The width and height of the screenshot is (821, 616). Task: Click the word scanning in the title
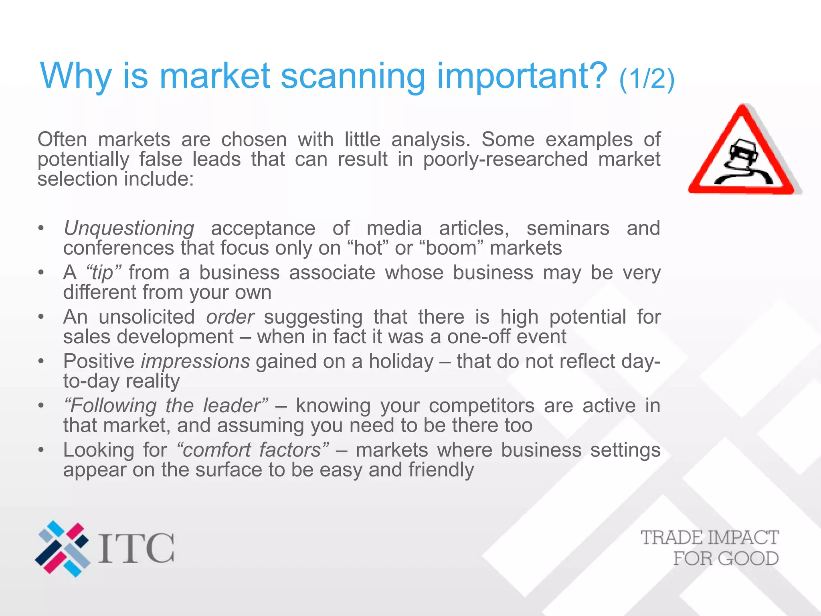[x=352, y=76]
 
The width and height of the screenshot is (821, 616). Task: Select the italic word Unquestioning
[x=129, y=229]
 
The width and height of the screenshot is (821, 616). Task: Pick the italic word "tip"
[x=103, y=273]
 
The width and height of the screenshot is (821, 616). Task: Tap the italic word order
[x=230, y=317]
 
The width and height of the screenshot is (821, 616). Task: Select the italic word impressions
[x=196, y=361]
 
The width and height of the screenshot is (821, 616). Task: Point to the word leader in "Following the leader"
[x=235, y=405]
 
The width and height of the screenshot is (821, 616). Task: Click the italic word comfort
[x=215, y=450]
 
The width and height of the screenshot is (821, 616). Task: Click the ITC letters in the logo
[x=136, y=548]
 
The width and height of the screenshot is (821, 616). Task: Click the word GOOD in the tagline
[x=748, y=558]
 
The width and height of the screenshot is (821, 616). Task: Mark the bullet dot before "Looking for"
[x=40, y=450]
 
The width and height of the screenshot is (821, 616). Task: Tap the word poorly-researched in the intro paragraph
[x=505, y=159]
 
